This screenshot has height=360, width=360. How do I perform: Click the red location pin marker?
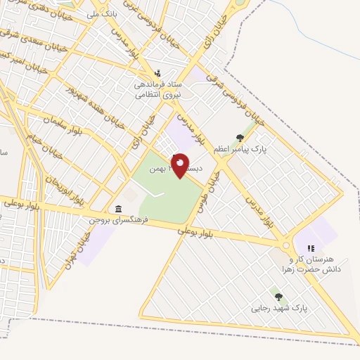tap(181, 165)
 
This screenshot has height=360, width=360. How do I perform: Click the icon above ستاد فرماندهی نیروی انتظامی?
tap(157, 72)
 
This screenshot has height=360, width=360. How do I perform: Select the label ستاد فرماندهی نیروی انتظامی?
tap(158, 89)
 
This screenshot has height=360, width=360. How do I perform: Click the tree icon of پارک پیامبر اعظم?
tap(240, 138)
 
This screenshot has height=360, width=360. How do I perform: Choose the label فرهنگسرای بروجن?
tap(116, 220)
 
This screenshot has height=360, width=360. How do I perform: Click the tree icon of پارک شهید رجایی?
tap(278, 297)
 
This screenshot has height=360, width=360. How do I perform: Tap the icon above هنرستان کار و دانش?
tap(310, 247)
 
